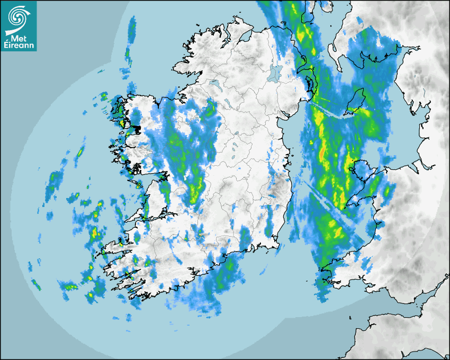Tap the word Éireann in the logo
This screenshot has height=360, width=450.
click(x=20, y=46)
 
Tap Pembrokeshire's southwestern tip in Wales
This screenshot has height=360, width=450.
click(x=322, y=276)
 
